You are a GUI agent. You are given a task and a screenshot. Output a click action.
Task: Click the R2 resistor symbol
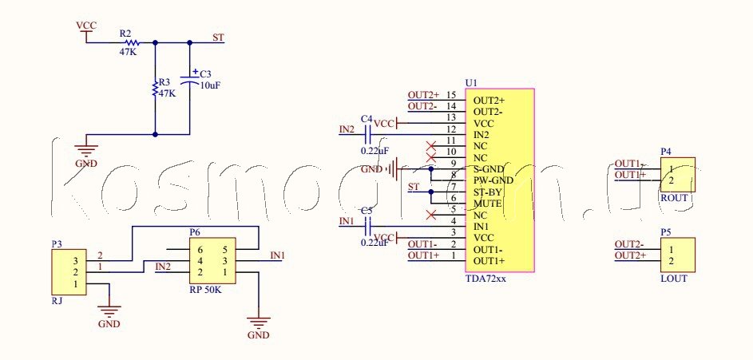pyautogui.click(x=131, y=42)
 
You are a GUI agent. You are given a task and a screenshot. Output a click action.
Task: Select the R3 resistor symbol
pyautogui.click(x=155, y=89)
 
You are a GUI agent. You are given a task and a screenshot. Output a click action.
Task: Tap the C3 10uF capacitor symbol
pyautogui.click(x=189, y=79)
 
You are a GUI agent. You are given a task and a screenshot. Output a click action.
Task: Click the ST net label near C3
pyautogui.click(x=218, y=38)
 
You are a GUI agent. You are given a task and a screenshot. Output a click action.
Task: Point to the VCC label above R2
pyautogui.click(x=85, y=26)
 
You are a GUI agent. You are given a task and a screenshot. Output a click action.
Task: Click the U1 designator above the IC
pyautogui.click(x=470, y=83)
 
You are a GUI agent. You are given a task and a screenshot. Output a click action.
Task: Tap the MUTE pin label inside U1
pyautogui.click(x=487, y=204)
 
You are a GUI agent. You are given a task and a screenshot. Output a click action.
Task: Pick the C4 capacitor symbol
pyautogui.click(x=368, y=136)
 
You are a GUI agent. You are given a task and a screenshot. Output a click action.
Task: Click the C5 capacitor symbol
pyautogui.click(x=368, y=227)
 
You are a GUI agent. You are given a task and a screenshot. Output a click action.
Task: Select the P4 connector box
pyautogui.click(x=677, y=174)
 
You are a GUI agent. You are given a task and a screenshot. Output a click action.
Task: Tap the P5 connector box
pyautogui.click(x=677, y=255)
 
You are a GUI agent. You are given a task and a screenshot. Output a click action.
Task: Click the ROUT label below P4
pyautogui.click(x=674, y=198)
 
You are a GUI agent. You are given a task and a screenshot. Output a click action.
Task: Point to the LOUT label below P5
pyautogui.click(x=674, y=279)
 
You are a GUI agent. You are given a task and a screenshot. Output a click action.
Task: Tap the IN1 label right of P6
pyautogui.click(x=277, y=255)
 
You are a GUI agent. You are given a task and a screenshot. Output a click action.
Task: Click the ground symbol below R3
pyautogui.click(x=85, y=148)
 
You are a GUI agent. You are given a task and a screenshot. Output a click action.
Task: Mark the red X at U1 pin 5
pyautogui.click(x=431, y=215)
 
